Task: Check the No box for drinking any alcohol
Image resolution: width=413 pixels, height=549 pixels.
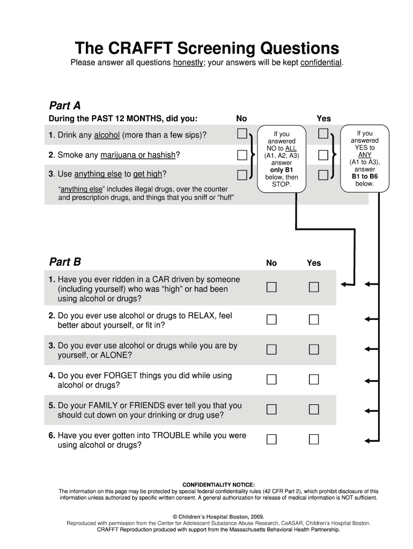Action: point(242,133)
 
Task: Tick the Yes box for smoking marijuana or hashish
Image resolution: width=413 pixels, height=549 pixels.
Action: point(323,155)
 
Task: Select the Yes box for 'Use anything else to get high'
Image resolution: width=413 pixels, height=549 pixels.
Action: point(323,174)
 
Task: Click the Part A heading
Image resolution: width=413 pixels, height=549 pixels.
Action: point(64,105)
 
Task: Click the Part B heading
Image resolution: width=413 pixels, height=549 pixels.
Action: point(65,262)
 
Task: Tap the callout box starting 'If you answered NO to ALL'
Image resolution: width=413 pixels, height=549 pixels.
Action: point(281,159)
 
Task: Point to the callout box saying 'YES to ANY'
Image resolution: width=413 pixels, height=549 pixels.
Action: point(364,158)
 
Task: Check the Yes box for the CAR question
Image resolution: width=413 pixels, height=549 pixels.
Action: point(314,287)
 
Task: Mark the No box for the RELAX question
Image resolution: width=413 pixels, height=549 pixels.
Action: point(271,320)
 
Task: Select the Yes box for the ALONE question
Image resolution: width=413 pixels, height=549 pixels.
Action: point(314,350)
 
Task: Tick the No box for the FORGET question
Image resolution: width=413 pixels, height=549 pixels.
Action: point(271,380)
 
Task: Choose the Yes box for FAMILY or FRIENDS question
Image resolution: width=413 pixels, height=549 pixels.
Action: point(314,410)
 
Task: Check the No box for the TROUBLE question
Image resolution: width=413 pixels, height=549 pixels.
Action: point(271,440)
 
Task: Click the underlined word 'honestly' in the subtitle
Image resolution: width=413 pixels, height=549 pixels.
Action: point(188,63)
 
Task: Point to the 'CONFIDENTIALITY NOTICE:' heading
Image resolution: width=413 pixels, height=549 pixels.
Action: point(218,485)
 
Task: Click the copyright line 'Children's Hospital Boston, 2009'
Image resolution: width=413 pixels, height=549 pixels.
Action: point(218,517)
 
